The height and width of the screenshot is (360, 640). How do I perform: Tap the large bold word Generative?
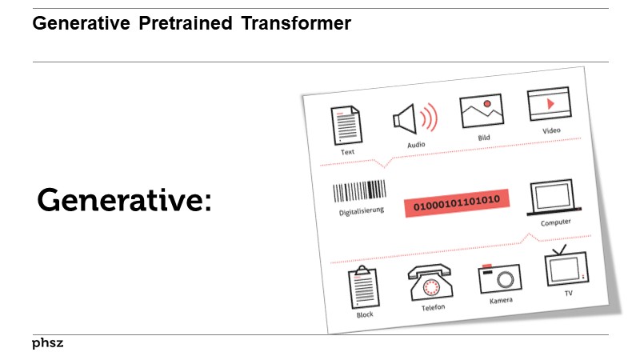[124, 200]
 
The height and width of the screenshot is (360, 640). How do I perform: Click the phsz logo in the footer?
[47, 343]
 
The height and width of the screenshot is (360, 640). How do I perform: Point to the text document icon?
[346, 126]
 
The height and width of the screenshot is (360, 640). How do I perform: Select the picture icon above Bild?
[482, 112]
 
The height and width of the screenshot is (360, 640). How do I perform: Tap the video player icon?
[548, 105]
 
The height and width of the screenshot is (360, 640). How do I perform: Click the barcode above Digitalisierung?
[359, 192]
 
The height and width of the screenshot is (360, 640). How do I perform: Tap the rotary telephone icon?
[430, 283]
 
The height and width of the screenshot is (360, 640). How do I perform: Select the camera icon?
[499, 278]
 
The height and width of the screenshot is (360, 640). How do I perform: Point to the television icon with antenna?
[567, 267]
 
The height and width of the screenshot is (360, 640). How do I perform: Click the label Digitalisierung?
[362, 211]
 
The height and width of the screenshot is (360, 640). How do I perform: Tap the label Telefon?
[433, 307]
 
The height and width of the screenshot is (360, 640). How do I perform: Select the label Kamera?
[501, 301]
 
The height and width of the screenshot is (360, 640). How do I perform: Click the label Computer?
[555, 222]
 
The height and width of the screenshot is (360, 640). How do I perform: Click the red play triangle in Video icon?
[550, 103]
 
